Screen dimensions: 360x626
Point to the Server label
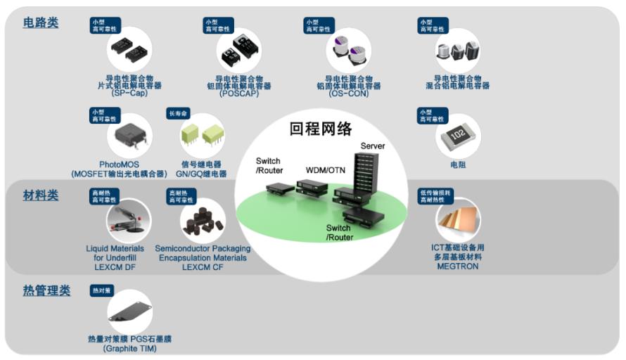373,146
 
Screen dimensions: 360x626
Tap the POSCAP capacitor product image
238,49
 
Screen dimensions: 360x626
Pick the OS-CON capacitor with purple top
348,49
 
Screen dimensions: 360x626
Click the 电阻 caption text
458,165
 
